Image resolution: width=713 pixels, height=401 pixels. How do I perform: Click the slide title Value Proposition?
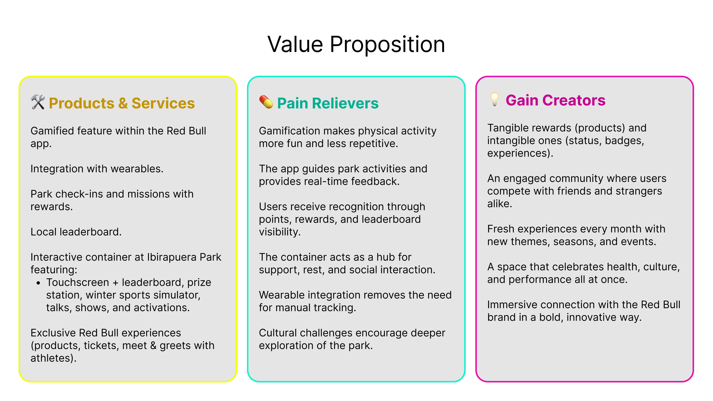pos(356,45)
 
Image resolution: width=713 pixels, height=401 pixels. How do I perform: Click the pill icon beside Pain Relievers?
pos(266,102)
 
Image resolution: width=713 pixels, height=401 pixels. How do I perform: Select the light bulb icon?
pos(494,99)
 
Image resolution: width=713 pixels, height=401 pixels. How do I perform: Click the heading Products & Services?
pos(122,103)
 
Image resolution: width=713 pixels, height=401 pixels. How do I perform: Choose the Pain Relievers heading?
pos(328,103)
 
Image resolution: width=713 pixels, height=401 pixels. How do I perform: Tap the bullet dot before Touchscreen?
pos(38,283)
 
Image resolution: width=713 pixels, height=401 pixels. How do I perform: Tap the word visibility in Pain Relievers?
pos(280,232)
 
